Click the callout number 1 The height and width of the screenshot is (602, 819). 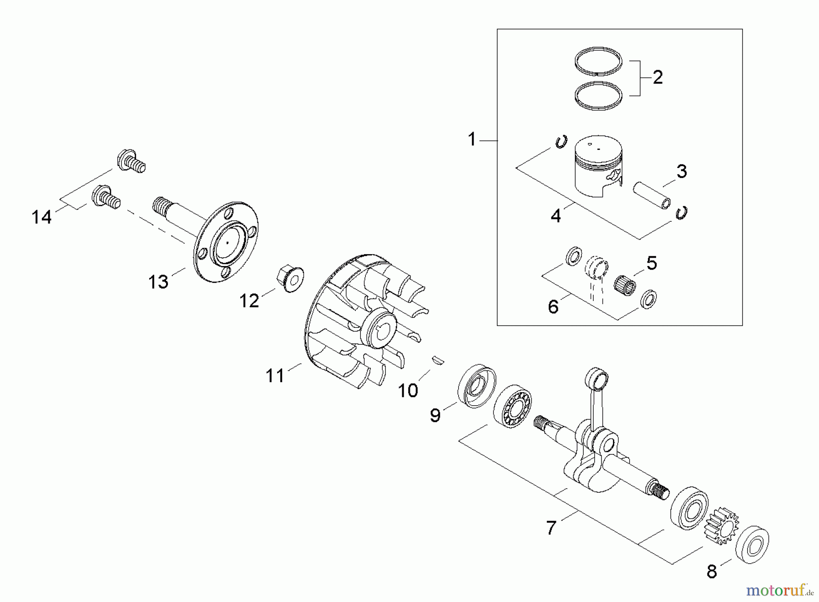pos(472,139)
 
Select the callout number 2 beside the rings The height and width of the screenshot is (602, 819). pos(657,77)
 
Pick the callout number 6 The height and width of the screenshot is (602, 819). pos(553,307)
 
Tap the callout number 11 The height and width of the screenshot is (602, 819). pos(275,376)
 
